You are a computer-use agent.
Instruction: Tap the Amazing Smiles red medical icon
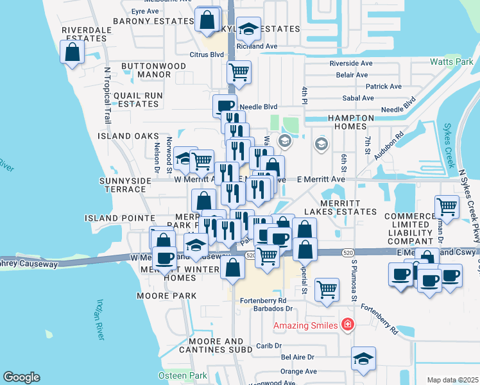coord(348,325)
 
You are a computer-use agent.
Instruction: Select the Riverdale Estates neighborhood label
coord(83,34)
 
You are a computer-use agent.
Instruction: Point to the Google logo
coord(21,377)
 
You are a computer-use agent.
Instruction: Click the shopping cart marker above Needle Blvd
coord(239,72)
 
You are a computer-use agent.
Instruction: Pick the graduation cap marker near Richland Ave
coord(248,29)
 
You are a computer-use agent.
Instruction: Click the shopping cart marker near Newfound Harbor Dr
coord(447,207)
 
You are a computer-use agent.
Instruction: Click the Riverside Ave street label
coord(351,64)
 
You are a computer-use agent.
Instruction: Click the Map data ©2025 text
coord(452,380)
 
